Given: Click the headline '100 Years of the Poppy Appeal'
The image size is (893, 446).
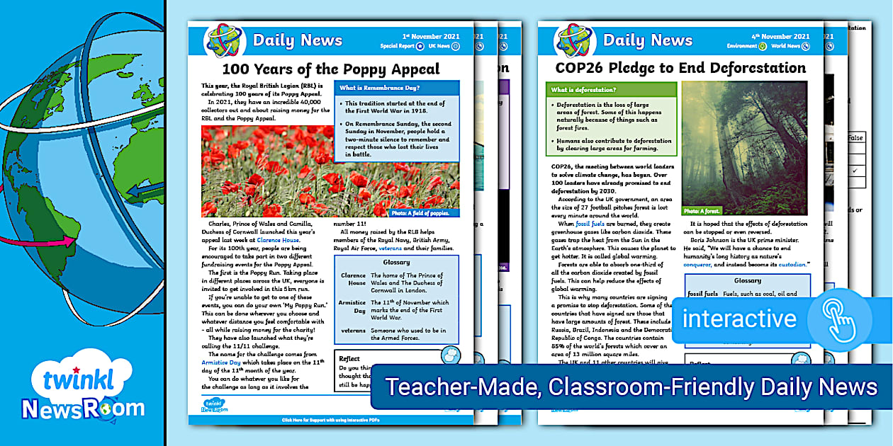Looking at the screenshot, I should (x=331, y=69).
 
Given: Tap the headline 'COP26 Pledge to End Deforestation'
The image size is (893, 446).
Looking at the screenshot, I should (x=680, y=68).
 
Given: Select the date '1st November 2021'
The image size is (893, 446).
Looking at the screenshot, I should (x=431, y=36).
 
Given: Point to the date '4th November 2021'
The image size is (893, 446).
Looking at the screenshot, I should (x=780, y=36).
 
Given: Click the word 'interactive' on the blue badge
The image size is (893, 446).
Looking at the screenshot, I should (x=739, y=318).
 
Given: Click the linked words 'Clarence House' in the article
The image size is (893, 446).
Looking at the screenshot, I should (x=283, y=240).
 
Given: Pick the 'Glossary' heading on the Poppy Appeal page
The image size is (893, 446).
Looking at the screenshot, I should (x=396, y=262).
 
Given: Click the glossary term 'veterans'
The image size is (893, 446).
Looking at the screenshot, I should (x=352, y=330).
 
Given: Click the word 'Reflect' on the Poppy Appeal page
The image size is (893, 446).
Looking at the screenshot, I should (x=349, y=358).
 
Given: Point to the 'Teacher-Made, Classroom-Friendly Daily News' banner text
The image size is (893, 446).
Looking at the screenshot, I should (x=631, y=387).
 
